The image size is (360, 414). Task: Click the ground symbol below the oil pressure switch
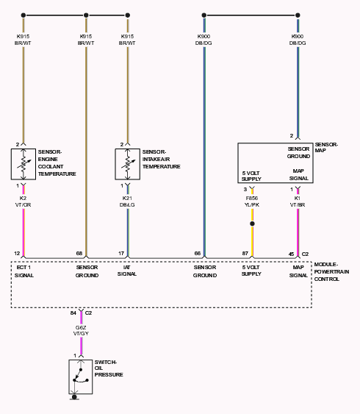[x=74, y=397]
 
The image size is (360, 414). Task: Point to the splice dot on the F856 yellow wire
[x=252, y=224]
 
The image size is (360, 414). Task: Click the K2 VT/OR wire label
[x=23, y=201]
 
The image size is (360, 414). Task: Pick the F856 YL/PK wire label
[x=252, y=201]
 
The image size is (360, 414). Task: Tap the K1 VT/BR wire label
[x=298, y=201]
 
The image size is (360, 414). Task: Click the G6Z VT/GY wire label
[x=81, y=331]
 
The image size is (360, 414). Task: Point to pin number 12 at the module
[x=17, y=254]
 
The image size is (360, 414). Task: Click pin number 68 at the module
[x=79, y=254]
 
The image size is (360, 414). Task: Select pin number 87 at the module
[x=245, y=254]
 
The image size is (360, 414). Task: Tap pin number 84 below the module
[x=73, y=313]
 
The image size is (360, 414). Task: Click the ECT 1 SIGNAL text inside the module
[x=24, y=271]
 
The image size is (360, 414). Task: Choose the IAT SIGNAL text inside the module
[x=127, y=271]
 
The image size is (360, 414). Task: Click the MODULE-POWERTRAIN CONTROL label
[x=331, y=271]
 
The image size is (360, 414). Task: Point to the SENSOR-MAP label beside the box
[x=326, y=147]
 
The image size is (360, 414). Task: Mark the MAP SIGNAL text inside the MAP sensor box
[x=298, y=174]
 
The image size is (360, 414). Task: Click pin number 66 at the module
[x=198, y=254]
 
